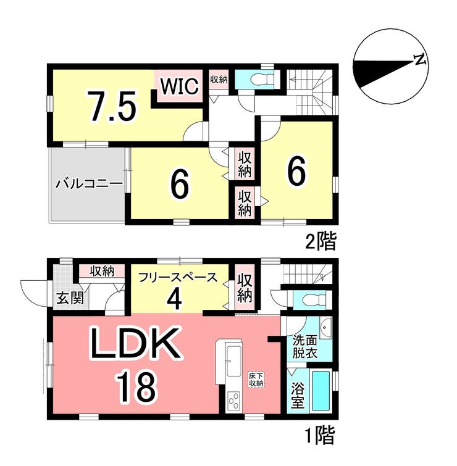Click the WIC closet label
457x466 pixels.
[x=179, y=86]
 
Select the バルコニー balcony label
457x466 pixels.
[x=89, y=184]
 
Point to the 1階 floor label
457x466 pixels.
[x=321, y=435]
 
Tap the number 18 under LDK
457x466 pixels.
[x=136, y=386]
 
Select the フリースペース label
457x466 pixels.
[x=178, y=278]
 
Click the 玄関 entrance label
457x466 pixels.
[x=70, y=298]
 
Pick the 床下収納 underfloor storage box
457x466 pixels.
[x=256, y=380]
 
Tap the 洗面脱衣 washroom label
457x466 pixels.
[x=305, y=346]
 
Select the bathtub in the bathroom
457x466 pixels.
[x=321, y=390]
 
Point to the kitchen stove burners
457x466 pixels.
[x=234, y=402]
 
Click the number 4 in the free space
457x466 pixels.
[x=174, y=299]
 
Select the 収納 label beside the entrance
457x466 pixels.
[x=102, y=272]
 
